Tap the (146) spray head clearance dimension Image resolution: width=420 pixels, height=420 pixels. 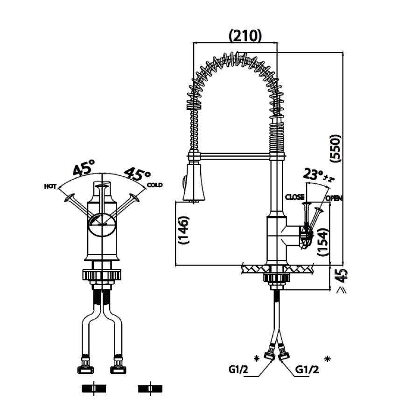pos(183,230)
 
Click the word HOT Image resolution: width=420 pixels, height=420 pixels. pos(50,186)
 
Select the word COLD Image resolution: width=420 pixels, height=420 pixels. pos(154,185)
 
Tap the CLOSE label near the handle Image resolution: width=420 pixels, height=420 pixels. pos(295,197)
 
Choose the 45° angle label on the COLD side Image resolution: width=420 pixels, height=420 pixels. pos(137,175)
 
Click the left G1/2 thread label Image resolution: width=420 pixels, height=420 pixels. pos(238,370)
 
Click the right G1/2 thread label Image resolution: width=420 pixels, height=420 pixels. pos(306,370)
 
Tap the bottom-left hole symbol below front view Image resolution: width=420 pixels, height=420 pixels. pos(94,388)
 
